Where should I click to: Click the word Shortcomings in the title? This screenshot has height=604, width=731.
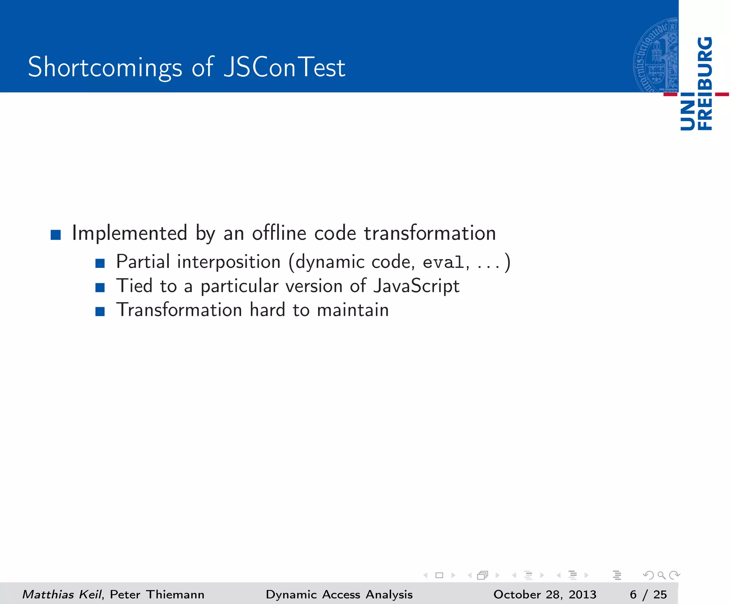105,67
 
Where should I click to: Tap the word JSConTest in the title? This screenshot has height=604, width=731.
284,67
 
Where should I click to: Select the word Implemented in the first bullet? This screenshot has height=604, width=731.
130,233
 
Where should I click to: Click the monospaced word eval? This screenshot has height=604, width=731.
443,263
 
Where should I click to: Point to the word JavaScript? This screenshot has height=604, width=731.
416,286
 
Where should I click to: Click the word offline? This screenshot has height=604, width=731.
279,233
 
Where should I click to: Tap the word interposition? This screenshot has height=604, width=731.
229,262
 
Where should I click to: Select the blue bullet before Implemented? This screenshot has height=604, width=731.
56,235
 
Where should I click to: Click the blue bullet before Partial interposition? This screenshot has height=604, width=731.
100,264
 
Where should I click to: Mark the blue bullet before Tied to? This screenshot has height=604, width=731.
100,288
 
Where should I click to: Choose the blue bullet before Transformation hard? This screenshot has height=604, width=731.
100,311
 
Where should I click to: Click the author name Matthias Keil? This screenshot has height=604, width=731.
62,594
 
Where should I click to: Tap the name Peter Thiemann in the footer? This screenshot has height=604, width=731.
157,594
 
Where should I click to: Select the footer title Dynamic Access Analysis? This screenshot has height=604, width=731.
339,594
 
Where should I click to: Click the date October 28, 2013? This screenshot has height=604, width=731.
545,594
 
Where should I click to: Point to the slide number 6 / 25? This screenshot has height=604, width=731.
648,594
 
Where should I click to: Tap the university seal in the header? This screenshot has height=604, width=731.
656,56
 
